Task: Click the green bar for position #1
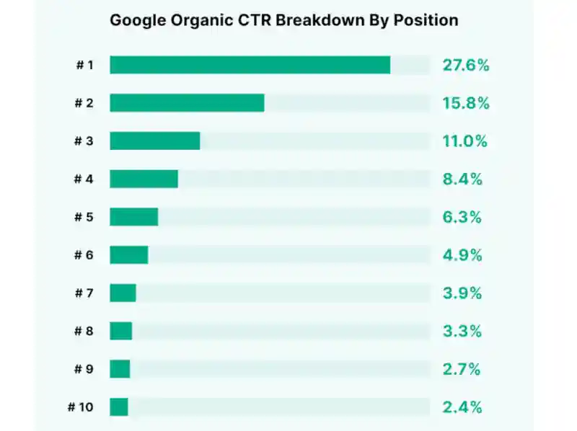(x=250, y=65)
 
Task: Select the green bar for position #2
(x=187, y=103)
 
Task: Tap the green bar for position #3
(x=155, y=141)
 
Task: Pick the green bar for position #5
(x=134, y=217)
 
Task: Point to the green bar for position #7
(x=123, y=293)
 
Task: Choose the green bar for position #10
(x=119, y=407)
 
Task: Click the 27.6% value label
(x=466, y=66)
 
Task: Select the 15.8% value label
(x=466, y=103)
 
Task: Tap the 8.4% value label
(x=462, y=179)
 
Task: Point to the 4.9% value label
(x=462, y=255)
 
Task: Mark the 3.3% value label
(x=462, y=332)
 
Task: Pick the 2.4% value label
(x=462, y=407)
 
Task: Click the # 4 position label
(x=84, y=179)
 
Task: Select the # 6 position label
(x=84, y=255)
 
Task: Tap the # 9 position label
(x=84, y=369)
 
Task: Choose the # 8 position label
(x=84, y=332)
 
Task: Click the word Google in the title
(x=138, y=21)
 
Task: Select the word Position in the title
(x=426, y=20)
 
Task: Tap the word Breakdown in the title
(x=320, y=20)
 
